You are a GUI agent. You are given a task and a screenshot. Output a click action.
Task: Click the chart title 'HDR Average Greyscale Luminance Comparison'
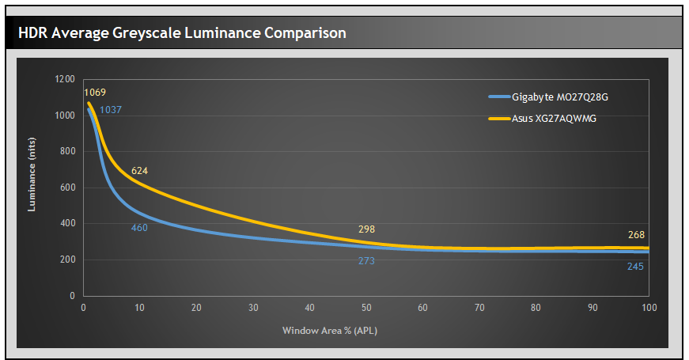182,32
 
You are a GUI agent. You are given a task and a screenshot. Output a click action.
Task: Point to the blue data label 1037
111,110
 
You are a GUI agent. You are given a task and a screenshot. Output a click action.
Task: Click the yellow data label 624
140,171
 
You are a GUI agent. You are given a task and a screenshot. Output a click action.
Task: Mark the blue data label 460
140,228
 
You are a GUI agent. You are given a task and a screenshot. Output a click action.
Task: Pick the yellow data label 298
366,229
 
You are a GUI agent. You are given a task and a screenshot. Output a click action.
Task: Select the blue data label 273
366,260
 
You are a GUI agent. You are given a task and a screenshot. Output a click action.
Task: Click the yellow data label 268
636,235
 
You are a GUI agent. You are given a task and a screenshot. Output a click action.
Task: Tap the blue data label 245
636,267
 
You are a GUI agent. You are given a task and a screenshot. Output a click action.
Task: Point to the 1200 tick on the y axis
65,79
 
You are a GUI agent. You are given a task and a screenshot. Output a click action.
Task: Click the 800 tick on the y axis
67,151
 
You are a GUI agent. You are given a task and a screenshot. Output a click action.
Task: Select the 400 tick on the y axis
67,224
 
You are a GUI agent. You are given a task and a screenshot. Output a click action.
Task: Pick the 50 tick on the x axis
366,308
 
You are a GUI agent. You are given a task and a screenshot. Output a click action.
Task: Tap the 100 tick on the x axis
649,308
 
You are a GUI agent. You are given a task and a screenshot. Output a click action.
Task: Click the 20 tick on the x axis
196,308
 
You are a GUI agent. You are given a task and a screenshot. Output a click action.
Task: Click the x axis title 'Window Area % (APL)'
330,330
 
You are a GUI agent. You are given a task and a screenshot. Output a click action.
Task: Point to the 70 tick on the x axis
479,308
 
